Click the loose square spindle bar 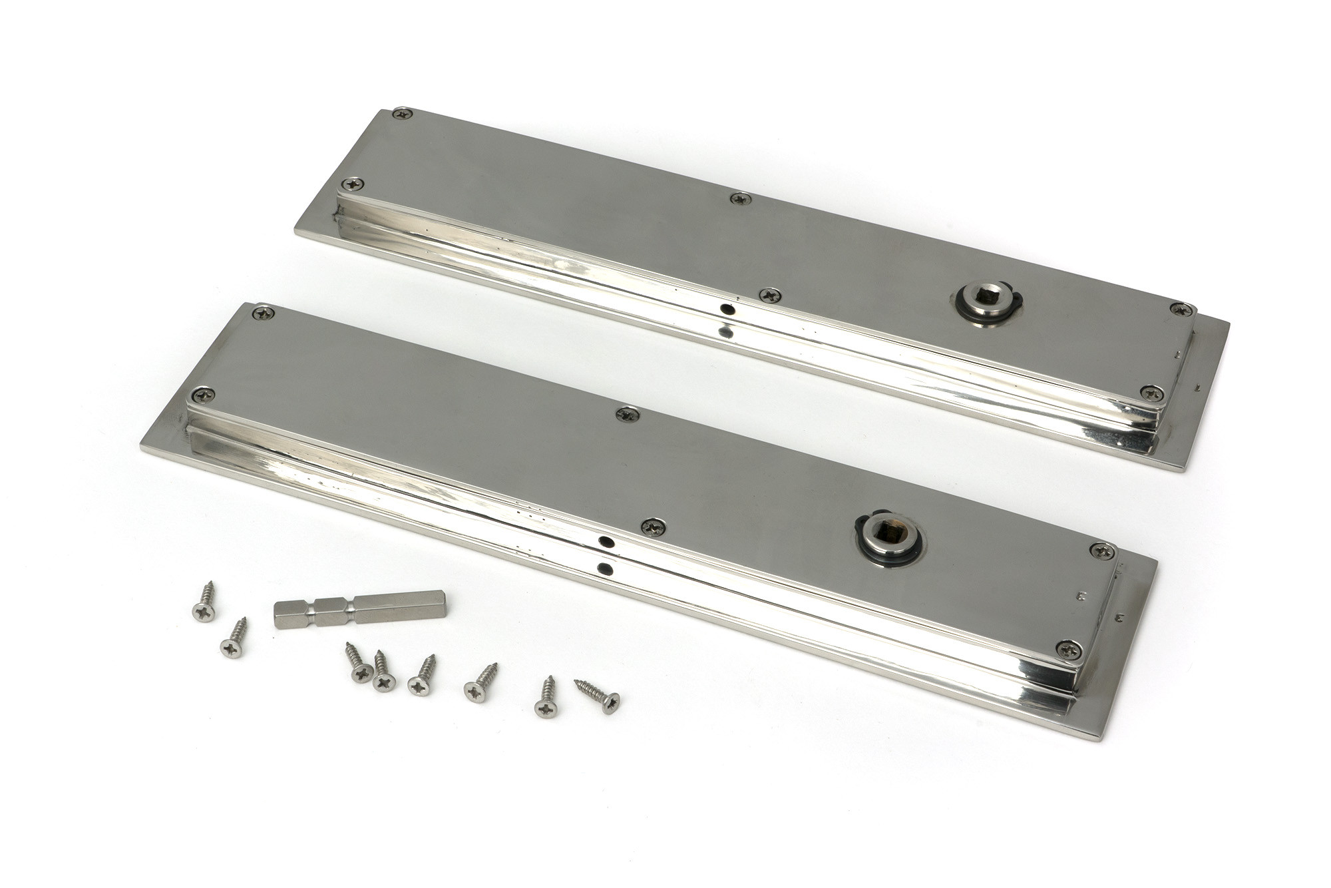359,608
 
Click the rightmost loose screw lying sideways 599,696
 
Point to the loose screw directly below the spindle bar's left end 234,640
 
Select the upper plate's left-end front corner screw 353,184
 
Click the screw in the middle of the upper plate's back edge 740,198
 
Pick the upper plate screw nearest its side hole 770,295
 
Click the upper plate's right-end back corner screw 1181,309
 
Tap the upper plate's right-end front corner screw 1151,393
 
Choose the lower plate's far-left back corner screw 264,312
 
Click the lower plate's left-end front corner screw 202,394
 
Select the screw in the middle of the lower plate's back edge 627,414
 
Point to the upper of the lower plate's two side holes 606,543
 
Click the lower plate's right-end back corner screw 1103,551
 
